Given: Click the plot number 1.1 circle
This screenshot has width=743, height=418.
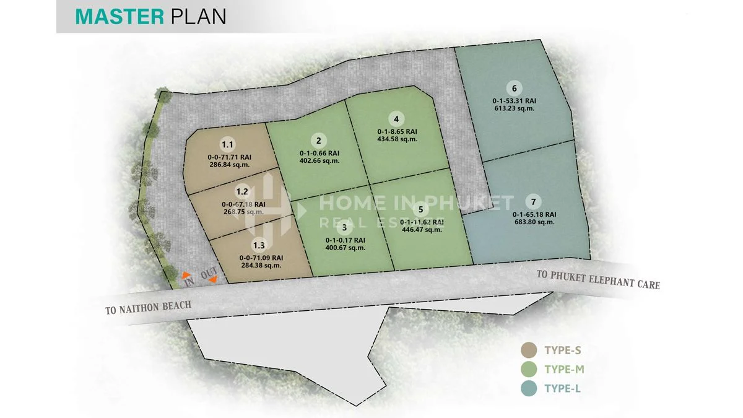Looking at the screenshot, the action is tap(228, 145).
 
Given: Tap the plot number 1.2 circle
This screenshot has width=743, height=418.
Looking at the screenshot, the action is tap(242, 192).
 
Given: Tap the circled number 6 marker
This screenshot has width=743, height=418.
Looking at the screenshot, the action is tap(513, 87).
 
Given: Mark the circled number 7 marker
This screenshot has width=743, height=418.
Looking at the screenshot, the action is tap(533, 201).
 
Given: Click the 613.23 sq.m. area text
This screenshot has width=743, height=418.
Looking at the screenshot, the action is tap(514, 108).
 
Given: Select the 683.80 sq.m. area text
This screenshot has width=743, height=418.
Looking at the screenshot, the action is tap(534, 222).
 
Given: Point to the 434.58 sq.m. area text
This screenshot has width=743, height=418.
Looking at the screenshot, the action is tap(397, 139).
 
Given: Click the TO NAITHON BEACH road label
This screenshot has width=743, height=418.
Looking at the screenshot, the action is tap(148, 306).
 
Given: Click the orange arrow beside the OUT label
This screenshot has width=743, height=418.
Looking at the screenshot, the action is tap(213, 280).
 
